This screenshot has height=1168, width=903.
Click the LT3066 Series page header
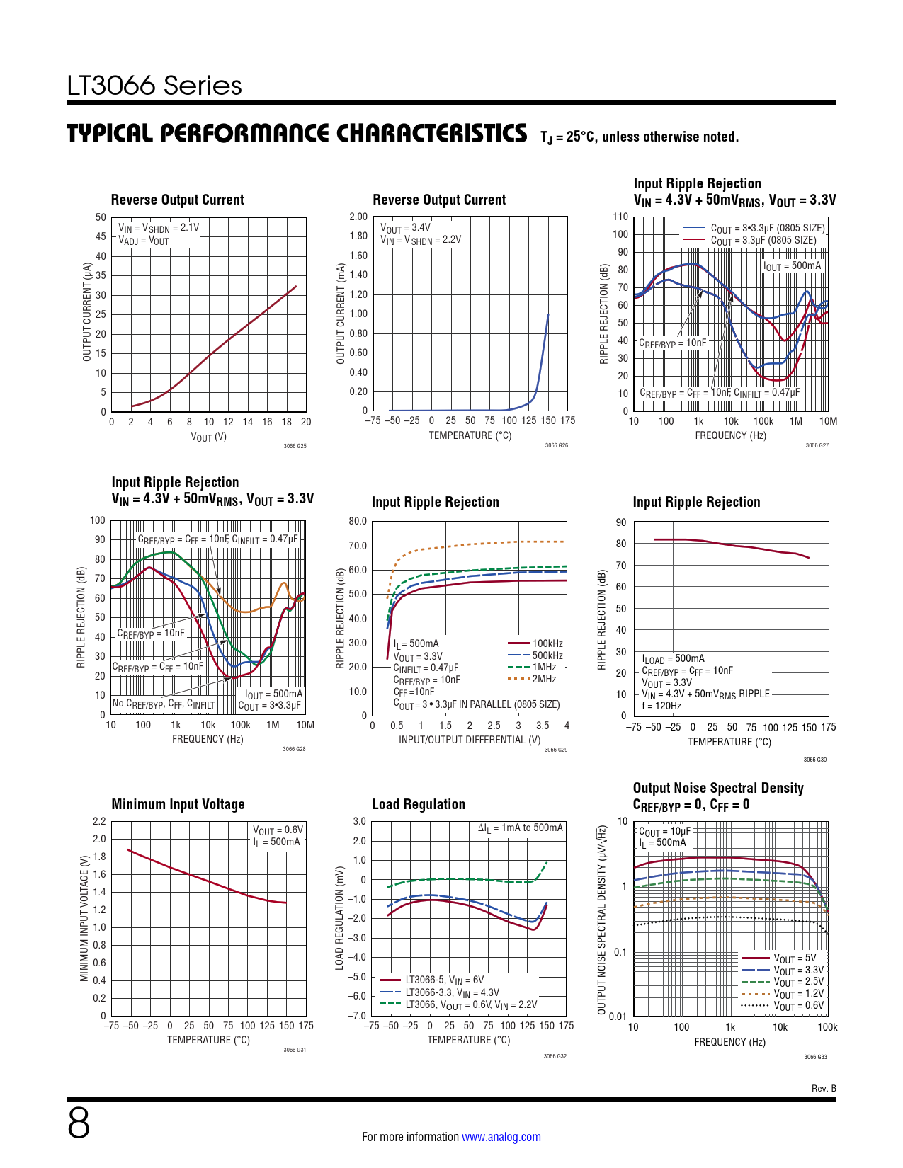[154, 86]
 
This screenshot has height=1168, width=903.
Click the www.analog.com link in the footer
[501, 1137]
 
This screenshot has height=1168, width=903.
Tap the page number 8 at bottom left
[79, 1123]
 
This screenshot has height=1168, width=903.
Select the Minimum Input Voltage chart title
[178, 804]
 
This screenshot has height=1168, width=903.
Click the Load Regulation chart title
[419, 804]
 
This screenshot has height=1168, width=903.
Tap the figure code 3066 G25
[295, 446]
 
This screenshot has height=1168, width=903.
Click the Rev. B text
[824, 1088]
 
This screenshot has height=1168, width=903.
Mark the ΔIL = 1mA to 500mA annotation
[520, 828]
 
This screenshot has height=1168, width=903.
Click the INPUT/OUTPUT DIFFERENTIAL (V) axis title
[470, 740]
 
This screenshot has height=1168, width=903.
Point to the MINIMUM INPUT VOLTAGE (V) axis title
[85, 918]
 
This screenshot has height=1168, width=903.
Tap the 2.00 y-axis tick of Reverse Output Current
[358, 217]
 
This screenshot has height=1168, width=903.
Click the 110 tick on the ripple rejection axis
[620, 217]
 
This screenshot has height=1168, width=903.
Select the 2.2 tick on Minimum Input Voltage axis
[99, 821]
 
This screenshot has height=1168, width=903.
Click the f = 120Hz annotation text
[661, 706]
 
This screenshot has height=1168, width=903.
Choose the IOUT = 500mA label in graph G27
[793, 266]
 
